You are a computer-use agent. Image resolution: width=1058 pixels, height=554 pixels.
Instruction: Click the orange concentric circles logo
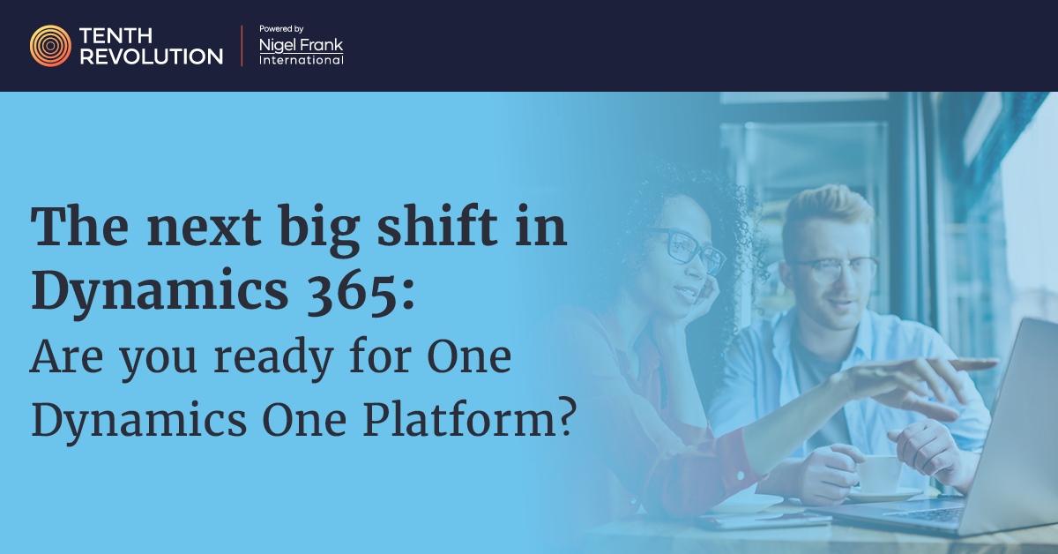(x=50, y=46)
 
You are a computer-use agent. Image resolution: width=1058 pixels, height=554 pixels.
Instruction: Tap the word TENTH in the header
(x=115, y=36)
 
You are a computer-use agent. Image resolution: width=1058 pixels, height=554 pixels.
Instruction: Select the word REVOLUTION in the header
(x=151, y=56)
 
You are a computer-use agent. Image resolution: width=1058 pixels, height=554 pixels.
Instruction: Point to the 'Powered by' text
(x=281, y=29)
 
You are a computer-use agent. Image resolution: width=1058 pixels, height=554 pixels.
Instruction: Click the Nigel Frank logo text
(x=301, y=45)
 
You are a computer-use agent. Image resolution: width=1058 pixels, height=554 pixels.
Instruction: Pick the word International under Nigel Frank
(x=302, y=60)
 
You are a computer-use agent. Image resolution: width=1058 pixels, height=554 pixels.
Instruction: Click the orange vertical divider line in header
(x=242, y=45)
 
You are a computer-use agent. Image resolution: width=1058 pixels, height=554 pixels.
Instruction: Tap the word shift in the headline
(x=437, y=226)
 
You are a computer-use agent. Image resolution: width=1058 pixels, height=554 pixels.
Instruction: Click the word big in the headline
(x=319, y=230)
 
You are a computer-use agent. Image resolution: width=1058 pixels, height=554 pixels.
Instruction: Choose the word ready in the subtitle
(x=274, y=359)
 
